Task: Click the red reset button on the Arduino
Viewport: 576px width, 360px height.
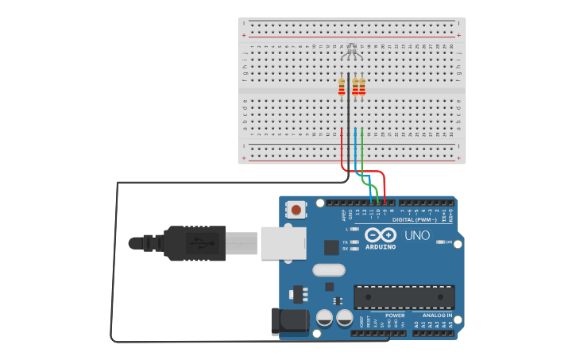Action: click(296, 211)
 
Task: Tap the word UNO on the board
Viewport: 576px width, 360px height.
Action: click(416, 236)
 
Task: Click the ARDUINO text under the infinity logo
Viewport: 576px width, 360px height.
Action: click(380, 246)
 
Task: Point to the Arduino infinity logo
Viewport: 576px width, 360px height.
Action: click(380, 235)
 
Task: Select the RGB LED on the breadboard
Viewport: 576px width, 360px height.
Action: click(352, 53)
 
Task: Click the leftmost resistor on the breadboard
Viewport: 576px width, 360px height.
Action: click(342, 87)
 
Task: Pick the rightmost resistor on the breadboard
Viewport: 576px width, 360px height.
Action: click(362, 87)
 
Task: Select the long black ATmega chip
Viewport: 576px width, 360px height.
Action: click(404, 297)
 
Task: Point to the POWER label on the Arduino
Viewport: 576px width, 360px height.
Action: click(394, 315)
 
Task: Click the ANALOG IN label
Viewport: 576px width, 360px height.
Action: click(436, 315)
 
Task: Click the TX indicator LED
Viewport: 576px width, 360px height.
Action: click(354, 242)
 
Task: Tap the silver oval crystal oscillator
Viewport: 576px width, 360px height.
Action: click(329, 270)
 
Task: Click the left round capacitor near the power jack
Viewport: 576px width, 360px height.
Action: click(325, 318)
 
